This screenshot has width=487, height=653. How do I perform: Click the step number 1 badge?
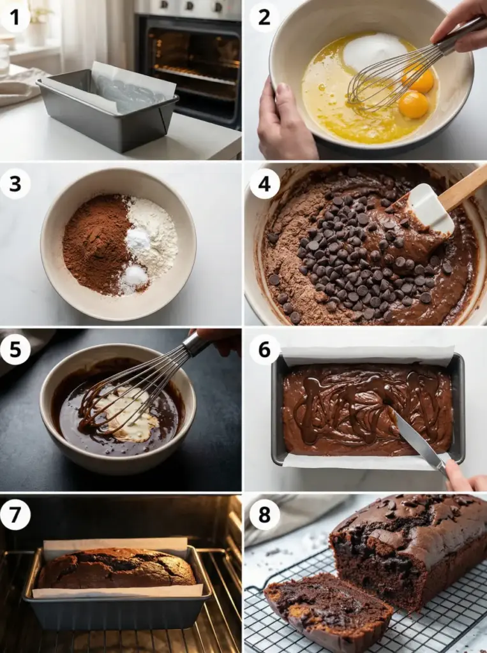click(x=15, y=17)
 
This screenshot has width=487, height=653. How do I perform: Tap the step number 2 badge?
click(x=264, y=17)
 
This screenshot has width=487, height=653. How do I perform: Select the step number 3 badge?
click(x=15, y=184)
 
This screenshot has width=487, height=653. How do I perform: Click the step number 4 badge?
click(x=264, y=184)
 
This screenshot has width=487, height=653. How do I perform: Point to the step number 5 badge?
click(x=15, y=349)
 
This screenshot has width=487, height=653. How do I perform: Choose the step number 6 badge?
click(x=264, y=349)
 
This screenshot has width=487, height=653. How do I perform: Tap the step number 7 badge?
click(x=15, y=515)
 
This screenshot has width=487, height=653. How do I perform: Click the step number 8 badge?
click(x=264, y=515)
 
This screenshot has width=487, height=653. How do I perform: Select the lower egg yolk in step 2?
click(x=413, y=105)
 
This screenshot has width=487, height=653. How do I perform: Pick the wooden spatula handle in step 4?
click(x=462, y=187)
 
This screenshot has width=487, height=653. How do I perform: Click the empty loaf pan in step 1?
click(x=108, y=110)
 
